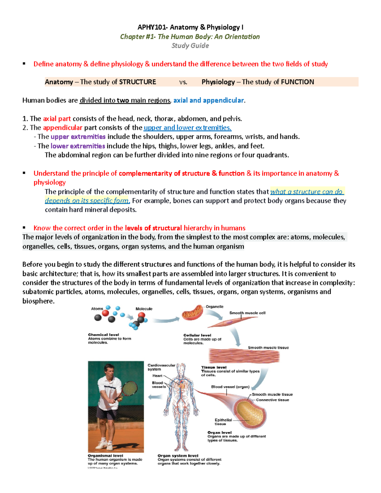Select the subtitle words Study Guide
(190, 46)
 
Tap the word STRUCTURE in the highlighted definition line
(137, 82)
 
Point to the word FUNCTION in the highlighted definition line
(297, 82)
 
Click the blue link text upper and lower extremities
(187, 128)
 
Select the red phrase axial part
(57, 119)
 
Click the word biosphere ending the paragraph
(38, 301)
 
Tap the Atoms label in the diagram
(97, 309)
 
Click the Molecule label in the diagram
(144, 309)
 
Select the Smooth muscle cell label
(247, 313)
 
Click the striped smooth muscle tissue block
(244, 356)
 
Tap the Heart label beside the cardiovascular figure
(157, 376)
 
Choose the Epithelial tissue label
(223, 422)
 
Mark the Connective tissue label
(272, 400)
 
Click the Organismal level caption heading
(105, 456)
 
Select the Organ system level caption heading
(178, 456)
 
